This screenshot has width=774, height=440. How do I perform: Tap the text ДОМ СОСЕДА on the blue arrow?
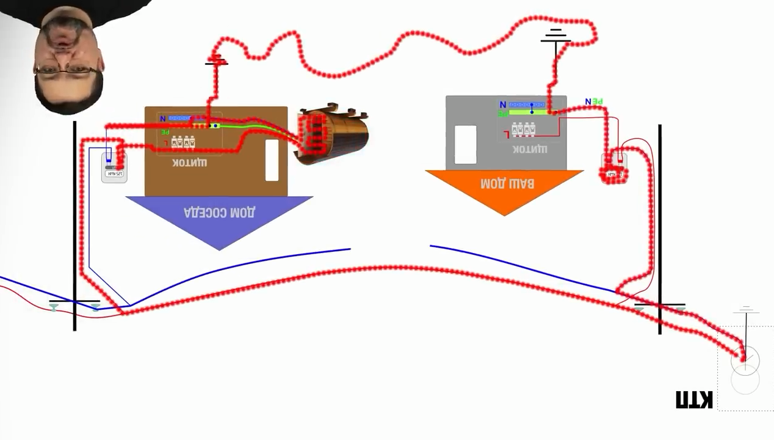220,213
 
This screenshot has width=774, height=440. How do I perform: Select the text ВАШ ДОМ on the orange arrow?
507,183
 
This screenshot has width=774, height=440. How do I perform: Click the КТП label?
694,400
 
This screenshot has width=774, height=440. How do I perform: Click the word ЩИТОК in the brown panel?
189,163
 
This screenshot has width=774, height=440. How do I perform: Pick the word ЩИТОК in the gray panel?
529,149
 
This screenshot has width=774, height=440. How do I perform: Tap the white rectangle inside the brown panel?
272,160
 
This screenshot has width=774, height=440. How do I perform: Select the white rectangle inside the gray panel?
465,145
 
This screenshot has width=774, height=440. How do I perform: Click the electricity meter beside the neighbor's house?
114,167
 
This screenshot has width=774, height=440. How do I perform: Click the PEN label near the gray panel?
593,101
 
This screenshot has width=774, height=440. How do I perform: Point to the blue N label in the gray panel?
502,105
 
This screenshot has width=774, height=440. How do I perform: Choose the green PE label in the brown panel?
165,132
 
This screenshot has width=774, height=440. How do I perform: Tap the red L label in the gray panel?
506,134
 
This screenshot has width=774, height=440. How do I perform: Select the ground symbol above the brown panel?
216,61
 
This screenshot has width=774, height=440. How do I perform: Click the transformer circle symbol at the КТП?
745,361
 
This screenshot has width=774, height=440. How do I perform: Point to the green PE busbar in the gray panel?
528,112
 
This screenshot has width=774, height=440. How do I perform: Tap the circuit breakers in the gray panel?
523,129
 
